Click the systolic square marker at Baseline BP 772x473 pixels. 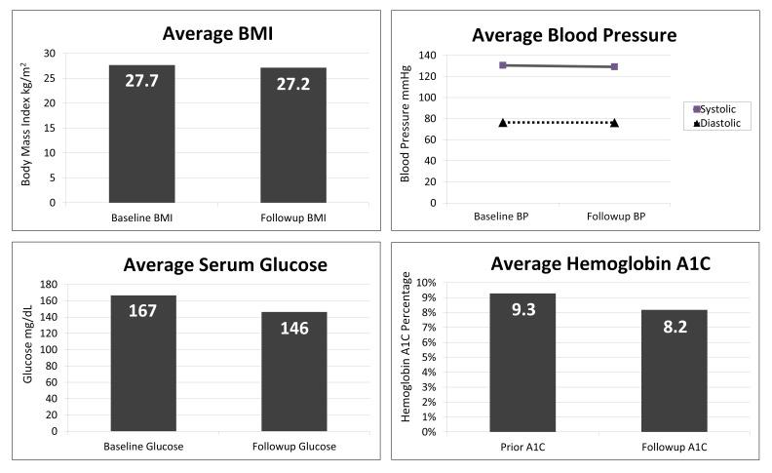pos(503,65)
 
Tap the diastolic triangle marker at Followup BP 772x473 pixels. pos(614,123)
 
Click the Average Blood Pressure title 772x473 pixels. pos(574,35)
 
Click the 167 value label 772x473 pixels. pos(142,310)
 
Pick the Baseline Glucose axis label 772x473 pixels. pos(142,446)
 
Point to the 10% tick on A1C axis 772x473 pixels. pos(426,283)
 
